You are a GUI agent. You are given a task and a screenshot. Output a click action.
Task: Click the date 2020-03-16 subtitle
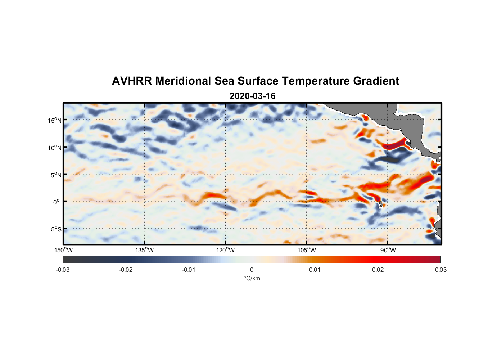click(x=252, y=96)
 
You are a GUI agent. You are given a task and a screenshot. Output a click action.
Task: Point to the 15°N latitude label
click(x=55, y=120)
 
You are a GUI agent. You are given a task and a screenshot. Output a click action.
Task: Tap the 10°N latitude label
click(x=55, y=148)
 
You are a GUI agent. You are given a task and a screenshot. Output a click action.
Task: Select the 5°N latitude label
click(x=56, y=175)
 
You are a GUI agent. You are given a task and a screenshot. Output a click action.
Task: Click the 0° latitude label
click(x=57, y=202)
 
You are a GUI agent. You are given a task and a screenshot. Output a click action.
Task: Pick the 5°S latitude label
click(x=56, y=229)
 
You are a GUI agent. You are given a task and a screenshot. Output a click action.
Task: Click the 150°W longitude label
click(x=63, y=250)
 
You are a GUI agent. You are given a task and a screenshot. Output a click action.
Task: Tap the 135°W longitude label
click(x=144, y=250)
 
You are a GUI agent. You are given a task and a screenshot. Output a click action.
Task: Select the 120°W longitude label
click(x=225, y=250)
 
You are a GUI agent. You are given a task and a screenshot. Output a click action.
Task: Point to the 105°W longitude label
click(x=307, y=250)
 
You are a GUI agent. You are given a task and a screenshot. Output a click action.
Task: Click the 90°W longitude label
click(x=388, y=250)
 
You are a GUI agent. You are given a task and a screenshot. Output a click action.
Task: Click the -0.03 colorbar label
click(x=63, y=270)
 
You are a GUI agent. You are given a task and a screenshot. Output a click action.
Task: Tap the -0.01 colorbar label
click(x=189, y=270)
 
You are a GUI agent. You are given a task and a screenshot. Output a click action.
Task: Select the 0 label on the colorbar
click(x=252, y=270)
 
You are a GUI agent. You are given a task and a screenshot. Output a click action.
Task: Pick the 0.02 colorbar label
click(x=378, y=270)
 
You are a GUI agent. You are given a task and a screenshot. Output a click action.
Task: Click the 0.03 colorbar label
click(x=440, y=270)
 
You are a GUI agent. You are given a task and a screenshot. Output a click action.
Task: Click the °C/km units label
click(x=252, y=278)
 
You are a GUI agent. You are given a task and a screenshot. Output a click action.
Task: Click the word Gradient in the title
click(x=376, y=81)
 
